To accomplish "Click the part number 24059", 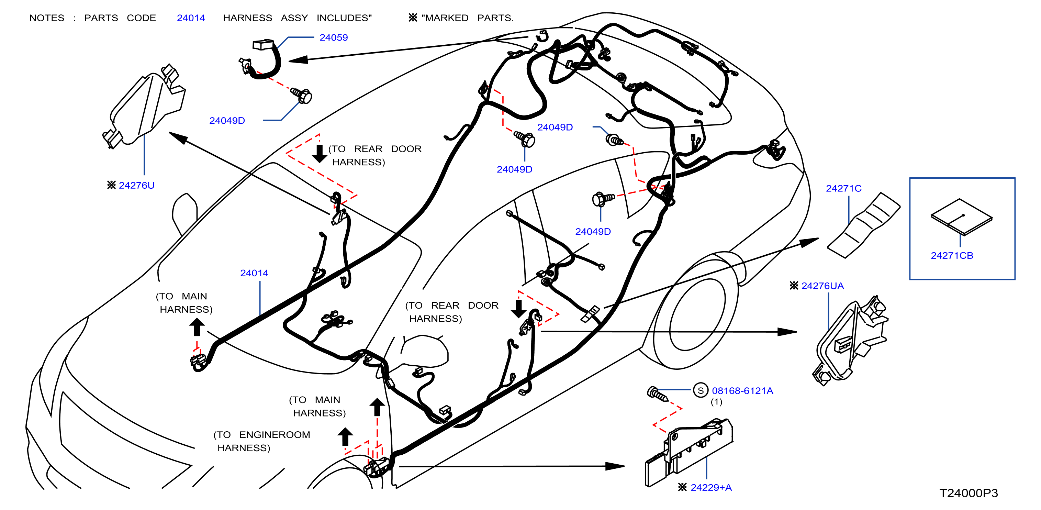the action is (x=333, y=37).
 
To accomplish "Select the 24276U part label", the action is (x=137, y=186).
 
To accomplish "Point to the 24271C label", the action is (x=843, y=188).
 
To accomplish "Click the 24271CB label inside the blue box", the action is (x=952, y=255).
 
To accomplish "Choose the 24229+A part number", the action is (x=711, y=487).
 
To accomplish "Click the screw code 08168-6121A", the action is (x=742, y=391).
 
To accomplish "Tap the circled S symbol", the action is (x=701, y=390).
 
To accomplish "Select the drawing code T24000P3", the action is (x=968, y=493).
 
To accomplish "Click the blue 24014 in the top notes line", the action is (x=191, y=18).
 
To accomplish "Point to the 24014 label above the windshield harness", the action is (x=254, y=273).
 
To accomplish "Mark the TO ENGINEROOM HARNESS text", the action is (x=262, y=441).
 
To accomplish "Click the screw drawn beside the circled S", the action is (x=657, y=394).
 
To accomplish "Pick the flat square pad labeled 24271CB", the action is (x=961, y=217).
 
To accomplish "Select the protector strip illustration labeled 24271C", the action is (x=864, y=225).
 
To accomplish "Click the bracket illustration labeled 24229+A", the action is (x=689, y=453).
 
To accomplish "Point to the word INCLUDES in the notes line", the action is (x=344, y=18).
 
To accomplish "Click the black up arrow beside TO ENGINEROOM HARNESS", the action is (x=345, y=437).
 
